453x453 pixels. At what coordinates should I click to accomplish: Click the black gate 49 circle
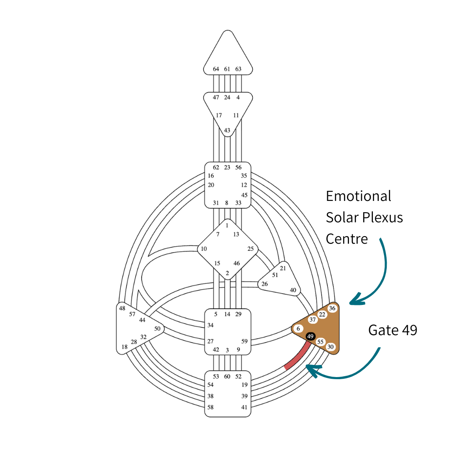pyautogui.click(x=310, y=336)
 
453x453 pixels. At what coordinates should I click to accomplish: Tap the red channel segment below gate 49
pyautogui.click(x=297, y=356)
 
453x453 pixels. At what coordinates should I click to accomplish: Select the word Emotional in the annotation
pyautogui.click(x=358, y=196)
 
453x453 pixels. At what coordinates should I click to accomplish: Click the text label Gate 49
pyautogui.click(x=393, y=330)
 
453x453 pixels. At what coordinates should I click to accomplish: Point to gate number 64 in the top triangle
pyautogui.click(x=216, y=69)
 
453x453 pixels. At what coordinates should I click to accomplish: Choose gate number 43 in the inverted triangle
pyautogui.click(x=227, y=130)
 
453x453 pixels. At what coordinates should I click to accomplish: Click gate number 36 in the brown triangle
pyautogui.click(x=332, y=308)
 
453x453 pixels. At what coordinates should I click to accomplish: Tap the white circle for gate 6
pyautogui.click(x=298, y=329)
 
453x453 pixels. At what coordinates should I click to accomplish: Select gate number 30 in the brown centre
pyautogui.click(x=331, y=347)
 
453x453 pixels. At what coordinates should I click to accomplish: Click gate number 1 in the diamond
pyautogui.click(x=227, y=225)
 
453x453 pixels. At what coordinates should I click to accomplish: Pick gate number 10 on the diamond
pyautogui.click(x=204, y=249)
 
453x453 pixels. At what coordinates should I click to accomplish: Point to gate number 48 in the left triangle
pyautogui.click(x=122, y=308)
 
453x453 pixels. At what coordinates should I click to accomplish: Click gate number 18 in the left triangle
pyautogui.click(x=125, y=347)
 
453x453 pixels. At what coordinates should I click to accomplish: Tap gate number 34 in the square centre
pyautogui.click(x=211, y=325)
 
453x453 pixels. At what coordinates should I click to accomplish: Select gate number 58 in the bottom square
pyautogui.click(x=211, y=407)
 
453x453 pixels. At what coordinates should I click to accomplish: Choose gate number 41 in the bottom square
pyautogui.click(x=244, y=407)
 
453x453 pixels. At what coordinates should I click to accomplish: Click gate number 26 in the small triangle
pyautogui.click(x=265, y=284)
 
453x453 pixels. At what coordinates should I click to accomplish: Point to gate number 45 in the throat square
pyautogui.click(x=244, y=195)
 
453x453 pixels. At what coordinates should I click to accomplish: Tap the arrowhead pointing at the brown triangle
pyautogui.click(x=354, y=299)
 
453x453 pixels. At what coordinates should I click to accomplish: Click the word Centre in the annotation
pyautogui.click(x=346, y=239)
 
